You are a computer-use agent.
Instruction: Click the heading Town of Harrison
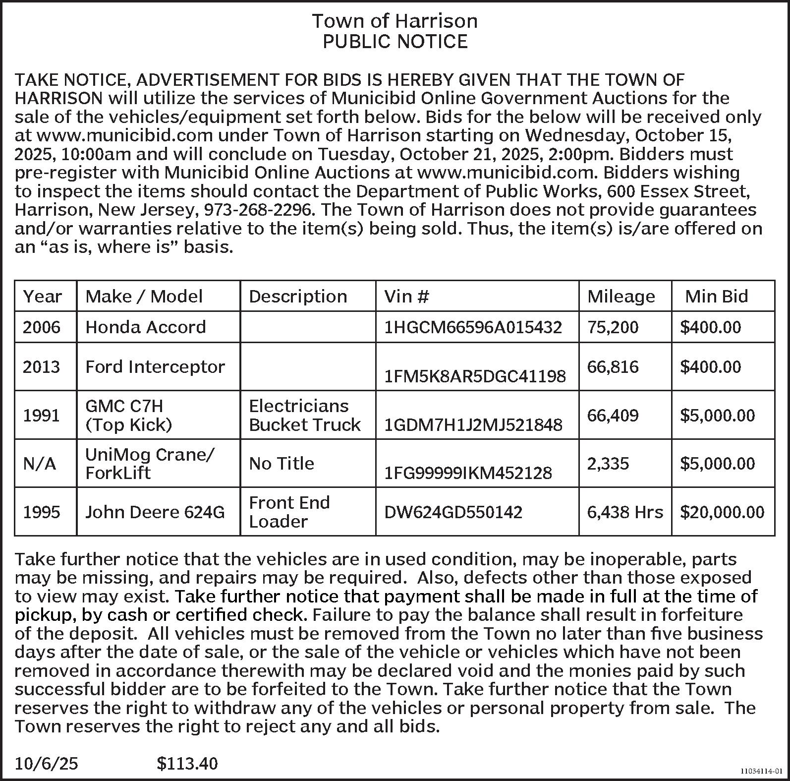click(395, 21)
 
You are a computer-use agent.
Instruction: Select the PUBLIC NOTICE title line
click(395, 42)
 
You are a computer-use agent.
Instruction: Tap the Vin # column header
click(406, 297)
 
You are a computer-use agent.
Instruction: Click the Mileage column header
click(621, 297)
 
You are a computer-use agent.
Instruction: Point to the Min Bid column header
click(716, 297)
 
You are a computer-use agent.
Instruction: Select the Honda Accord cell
click(145, 327)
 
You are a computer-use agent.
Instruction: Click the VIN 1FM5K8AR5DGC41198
click(475, 376)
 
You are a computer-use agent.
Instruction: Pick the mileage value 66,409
click(613, 415)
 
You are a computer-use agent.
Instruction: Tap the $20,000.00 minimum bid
click(722, 512)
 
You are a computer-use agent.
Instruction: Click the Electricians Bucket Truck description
click(304, 415)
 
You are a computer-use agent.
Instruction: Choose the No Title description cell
click(281, 464)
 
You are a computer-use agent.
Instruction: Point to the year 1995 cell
click(42, 512)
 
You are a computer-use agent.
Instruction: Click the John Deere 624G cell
click(155, 512)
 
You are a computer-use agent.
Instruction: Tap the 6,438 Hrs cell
click(624, 512)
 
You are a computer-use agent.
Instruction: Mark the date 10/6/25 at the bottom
click(46, 763)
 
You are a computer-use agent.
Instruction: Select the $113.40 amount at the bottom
click(187, 763)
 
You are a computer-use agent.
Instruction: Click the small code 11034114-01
click(761, 772)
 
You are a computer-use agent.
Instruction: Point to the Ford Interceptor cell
click(155, 367)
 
